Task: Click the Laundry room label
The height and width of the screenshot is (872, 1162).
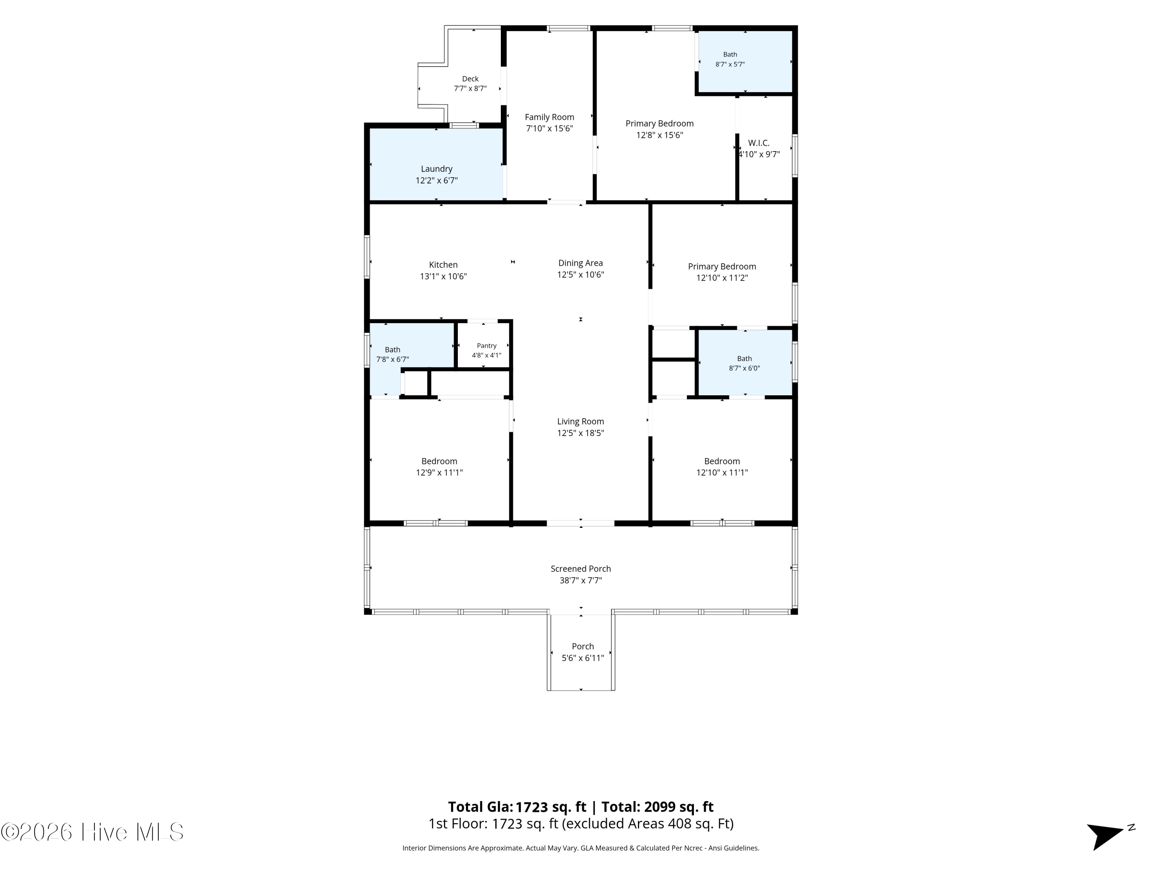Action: [x=437, y=169]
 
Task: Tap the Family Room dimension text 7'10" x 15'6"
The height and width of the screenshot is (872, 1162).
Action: [x=550, y=128]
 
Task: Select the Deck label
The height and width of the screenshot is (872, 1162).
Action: [x=470, y=79]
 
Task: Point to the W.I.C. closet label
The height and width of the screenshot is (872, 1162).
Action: [x=758, y=143]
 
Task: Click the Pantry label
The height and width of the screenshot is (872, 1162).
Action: [x=486, y=346]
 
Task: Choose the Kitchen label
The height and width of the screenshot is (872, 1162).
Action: [x=443, y=265]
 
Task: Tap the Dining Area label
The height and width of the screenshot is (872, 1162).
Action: [x=581, y=263]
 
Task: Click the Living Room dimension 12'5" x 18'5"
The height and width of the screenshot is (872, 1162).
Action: [x=581, y=433]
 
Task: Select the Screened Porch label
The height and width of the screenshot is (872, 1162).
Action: [x=581, y=569]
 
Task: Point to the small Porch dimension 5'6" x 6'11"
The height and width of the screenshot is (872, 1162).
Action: [x=583, y=658]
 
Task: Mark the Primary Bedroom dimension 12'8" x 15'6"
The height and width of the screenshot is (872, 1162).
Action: [x=659, y=135]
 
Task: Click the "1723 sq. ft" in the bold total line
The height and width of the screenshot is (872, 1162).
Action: [x=551, y=807]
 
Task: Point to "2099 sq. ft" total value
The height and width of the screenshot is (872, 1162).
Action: [x=679, y=807]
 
